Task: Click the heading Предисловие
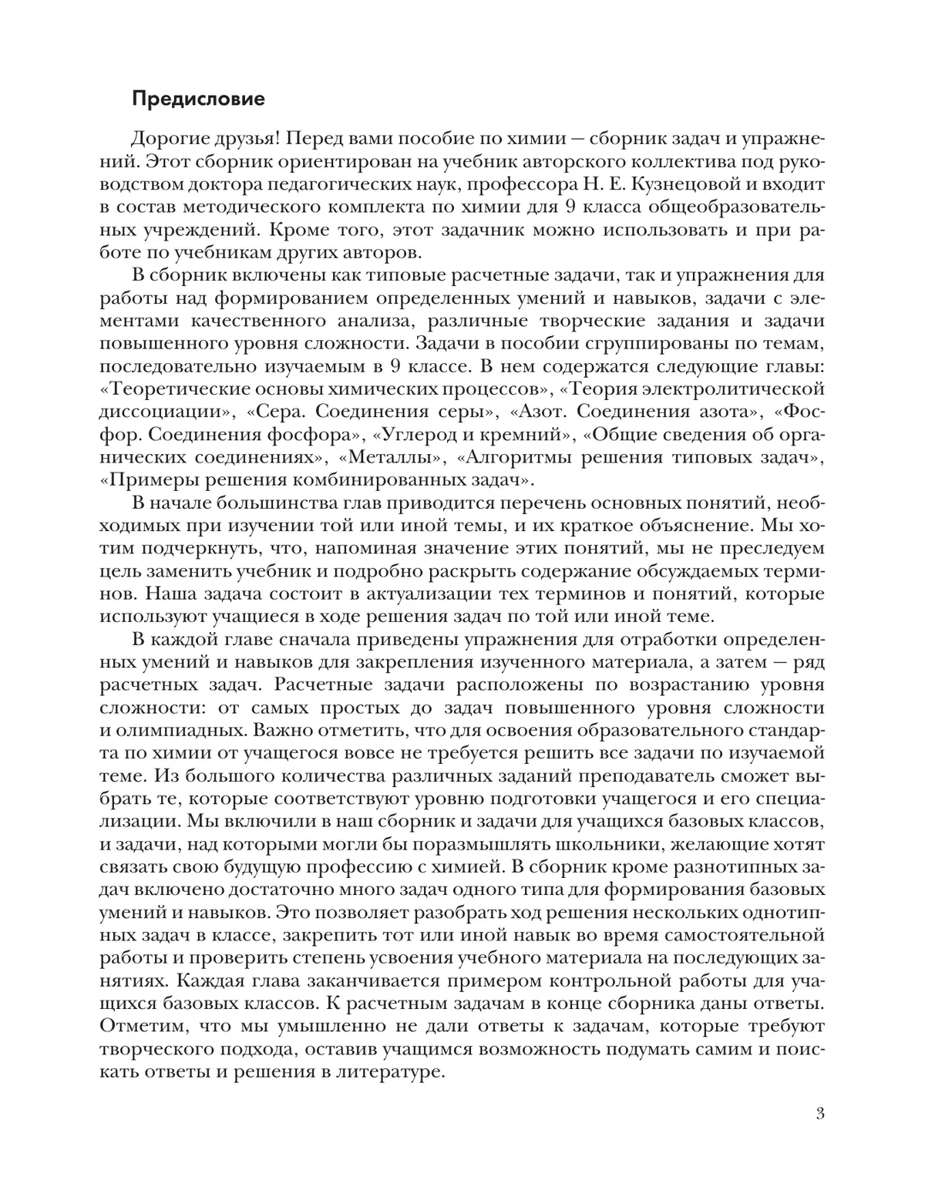pyautogui.click(x=198, y=99)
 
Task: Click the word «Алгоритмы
pyautogui.click(x=525, y=456)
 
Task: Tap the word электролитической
pyautogui.click(x=716, y=388)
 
